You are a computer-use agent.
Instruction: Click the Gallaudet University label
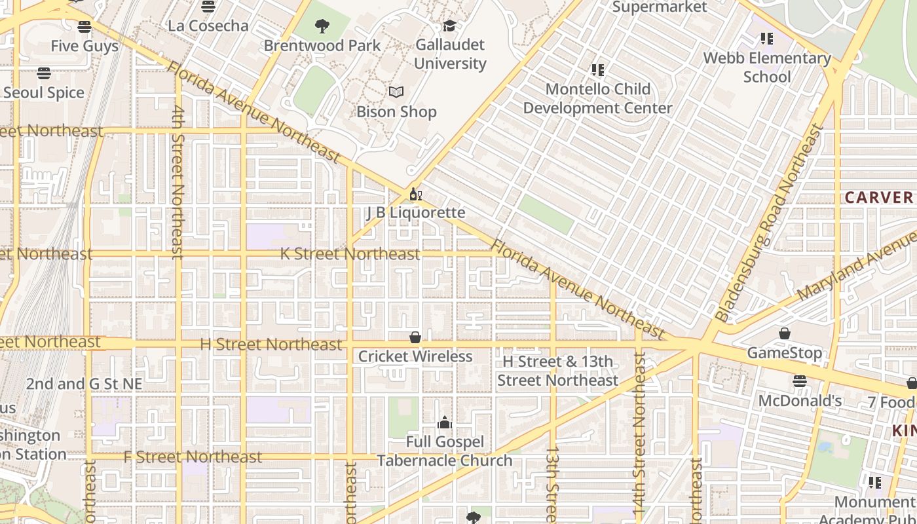pyautogui.click(x=450, y=54)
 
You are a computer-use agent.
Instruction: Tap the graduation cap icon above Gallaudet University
pyautogui.click(x=449, y=26)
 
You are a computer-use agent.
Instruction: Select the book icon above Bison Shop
pyautogui.click(x=396, y=92)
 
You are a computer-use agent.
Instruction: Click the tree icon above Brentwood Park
pyautogui.click(x=322, y=26)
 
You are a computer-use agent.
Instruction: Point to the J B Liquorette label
pyautogui.click(x=416, y=213)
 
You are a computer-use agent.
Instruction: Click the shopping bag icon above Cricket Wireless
pyautogui.click(x=415, y=337)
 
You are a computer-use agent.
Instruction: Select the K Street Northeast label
pyautogui.click(x=350, y=254)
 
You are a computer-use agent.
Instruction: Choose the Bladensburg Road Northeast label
pyautogui.click(x=770, y=223)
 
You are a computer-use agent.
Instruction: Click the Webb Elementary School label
pyautogui.click(x=767, y=67)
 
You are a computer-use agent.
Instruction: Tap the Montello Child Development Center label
pyautogui.click(x=597, y=98)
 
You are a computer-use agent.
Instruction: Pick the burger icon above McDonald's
pyautogui.click(x=799, y=381)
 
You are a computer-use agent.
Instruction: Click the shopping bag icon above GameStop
pyautogui.click(x=784, y=333)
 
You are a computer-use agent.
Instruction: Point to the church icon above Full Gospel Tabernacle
pyautogui.click(x=445, y=422)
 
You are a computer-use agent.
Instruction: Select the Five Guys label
pyautogui.click(x=84, y=46)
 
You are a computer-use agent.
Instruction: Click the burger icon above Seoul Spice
pyautogui.click(x=44, y=73)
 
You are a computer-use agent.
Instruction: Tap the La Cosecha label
pyautogui.click(x=208, y=26)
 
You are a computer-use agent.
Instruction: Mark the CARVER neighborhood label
pyautogui.click(x=878, y=197)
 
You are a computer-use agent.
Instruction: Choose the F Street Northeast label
pyautogui.click(x=193, y=457)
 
